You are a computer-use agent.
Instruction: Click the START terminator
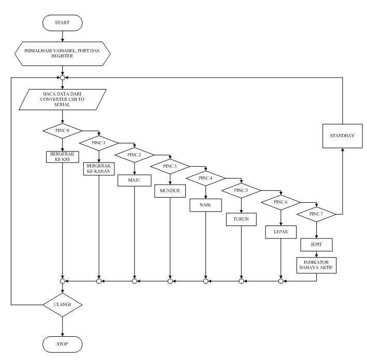click(62, 23)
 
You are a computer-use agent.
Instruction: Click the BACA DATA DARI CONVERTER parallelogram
click(62, 99)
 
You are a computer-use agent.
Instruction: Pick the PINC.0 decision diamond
click(62, 130)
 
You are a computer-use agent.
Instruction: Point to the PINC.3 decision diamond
click(170, 166)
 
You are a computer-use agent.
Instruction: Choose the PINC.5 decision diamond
click(241, 190)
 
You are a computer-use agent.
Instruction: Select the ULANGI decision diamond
click(62, 304)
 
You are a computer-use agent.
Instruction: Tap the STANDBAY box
click(342, 136)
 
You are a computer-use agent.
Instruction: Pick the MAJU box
click(134, 181)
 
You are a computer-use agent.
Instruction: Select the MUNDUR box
click(170, 191)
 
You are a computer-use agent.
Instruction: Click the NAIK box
click(205, 205)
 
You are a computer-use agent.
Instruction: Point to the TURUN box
click(241, 219)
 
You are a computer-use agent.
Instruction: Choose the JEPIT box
click(316, 244)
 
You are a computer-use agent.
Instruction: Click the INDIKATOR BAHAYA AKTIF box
click(316, 264)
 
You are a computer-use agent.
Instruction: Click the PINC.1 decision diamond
click(98, 142)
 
